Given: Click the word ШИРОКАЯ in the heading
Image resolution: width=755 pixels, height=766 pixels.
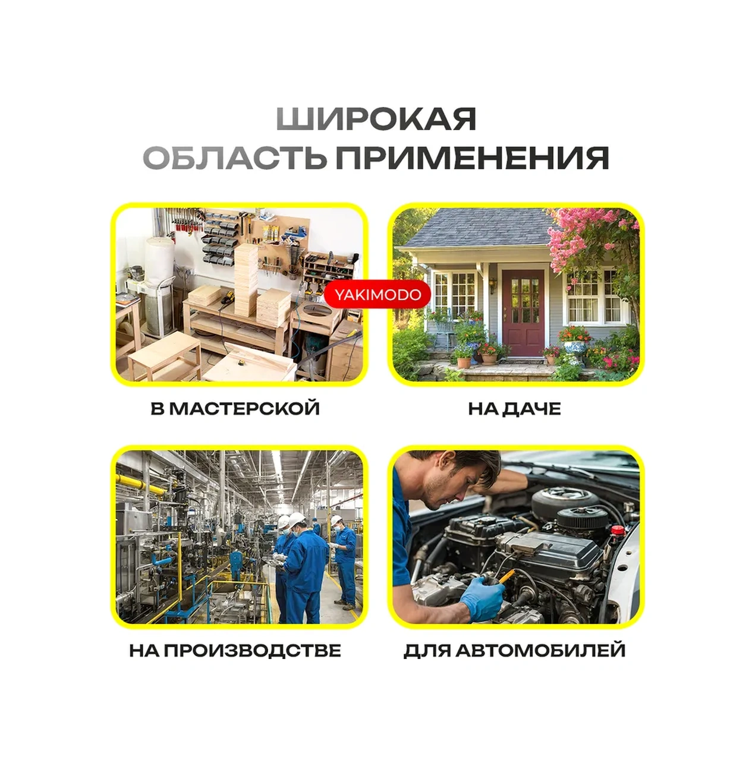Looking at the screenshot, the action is (376, 118).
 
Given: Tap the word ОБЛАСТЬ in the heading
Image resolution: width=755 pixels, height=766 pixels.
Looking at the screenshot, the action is (235, 158).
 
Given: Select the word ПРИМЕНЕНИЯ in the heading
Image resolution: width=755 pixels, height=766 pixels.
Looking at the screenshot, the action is (472, 158).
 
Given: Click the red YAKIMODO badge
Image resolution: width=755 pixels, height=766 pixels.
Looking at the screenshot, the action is (378, 295).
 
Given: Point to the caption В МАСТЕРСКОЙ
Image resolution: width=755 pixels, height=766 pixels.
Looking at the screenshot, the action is (235, 408).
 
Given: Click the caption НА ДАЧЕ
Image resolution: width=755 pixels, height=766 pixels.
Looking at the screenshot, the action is (514, 408).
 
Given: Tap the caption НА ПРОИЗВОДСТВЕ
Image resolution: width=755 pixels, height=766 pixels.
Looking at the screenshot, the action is (235, 650).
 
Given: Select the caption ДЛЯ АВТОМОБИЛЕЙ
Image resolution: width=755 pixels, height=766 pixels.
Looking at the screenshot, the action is (514, 650).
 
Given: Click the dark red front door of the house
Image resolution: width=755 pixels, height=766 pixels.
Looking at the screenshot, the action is (523, 313).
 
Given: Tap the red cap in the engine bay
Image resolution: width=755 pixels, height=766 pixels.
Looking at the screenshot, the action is (617, 530).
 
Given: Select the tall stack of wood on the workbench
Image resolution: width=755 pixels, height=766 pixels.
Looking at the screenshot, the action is (246, 280).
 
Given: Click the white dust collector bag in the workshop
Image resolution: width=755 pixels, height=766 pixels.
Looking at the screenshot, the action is (159, 261).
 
